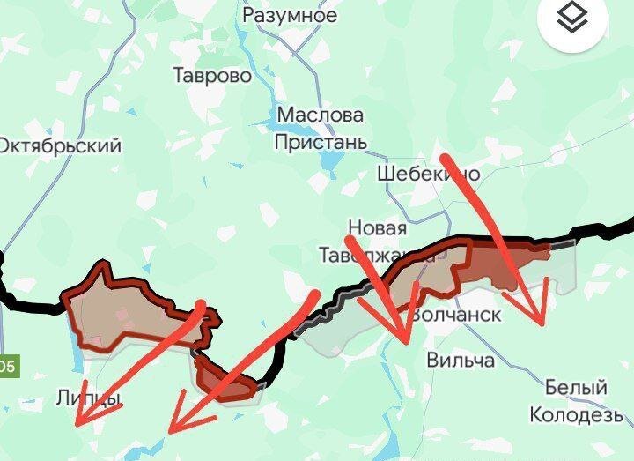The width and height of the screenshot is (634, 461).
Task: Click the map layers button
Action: [x=572, y=17]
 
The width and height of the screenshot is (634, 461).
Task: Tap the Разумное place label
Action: [x=290, y=15]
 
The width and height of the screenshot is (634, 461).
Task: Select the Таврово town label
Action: [x=212, y=76]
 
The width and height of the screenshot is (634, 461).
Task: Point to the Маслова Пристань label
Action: [x=319, y=128]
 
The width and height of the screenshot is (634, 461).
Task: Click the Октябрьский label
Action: [x=60, y=145]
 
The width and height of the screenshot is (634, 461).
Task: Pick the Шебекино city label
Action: [x=428, y=174]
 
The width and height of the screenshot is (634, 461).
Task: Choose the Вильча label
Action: [x=461, y=360]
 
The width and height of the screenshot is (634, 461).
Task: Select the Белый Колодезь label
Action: [x=577, y=400]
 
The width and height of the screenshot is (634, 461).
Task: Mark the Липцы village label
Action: [x=88, y=398]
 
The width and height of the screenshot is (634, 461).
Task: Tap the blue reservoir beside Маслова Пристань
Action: [x=330, y=160]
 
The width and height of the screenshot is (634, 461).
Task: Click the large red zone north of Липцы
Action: [x=123, y=304]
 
